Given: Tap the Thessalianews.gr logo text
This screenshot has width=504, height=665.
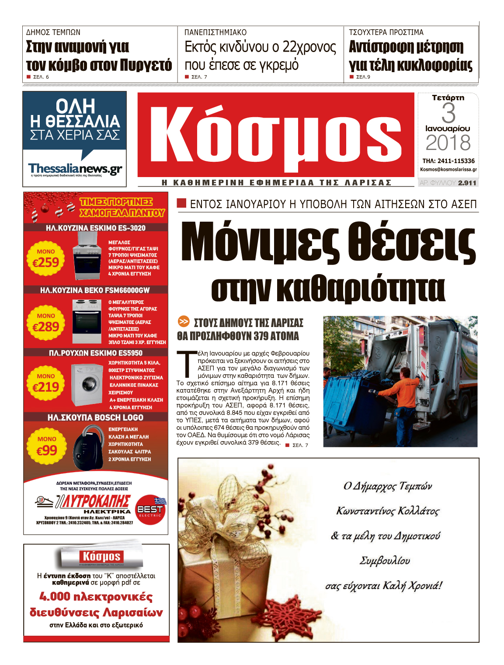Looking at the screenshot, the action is click(75, 168).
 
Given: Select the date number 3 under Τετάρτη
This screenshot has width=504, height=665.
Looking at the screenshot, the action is click(448, 113).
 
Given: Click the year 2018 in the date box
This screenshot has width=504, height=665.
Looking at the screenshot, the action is click(448, 143).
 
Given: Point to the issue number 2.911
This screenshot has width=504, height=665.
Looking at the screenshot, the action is click(467, 183).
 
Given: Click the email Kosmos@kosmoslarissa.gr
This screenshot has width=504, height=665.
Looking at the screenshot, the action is click(448, 169).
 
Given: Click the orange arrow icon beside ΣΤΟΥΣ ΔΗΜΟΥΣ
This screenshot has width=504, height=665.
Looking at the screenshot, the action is click(184, 322).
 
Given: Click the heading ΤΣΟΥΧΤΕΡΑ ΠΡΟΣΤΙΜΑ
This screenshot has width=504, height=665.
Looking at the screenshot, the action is click(386, 32).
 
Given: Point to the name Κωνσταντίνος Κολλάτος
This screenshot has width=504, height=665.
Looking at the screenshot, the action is click(387, 511).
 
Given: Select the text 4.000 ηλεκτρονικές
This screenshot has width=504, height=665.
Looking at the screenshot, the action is click(96, 597).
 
